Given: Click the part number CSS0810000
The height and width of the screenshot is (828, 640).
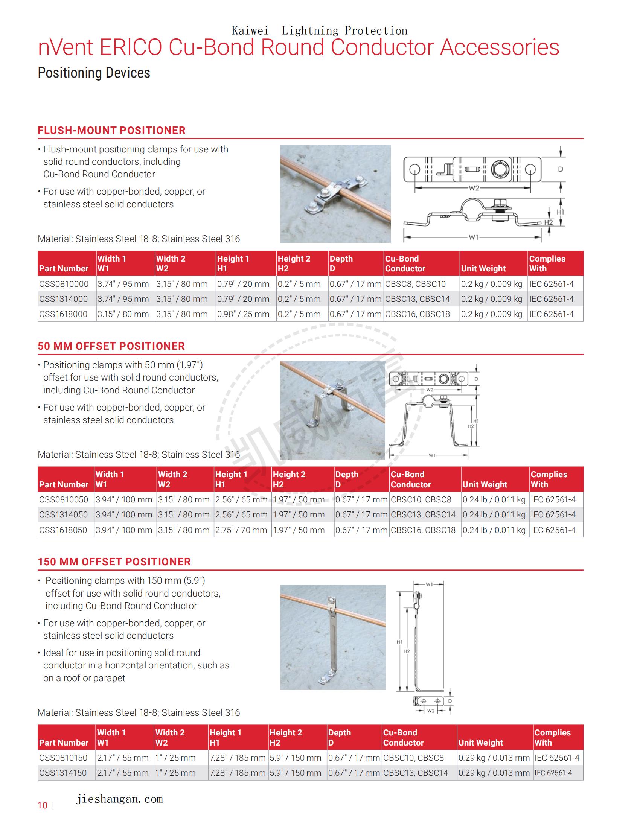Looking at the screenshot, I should (x=64, y=284).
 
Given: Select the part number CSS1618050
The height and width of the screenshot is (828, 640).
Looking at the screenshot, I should (x=63, y=530).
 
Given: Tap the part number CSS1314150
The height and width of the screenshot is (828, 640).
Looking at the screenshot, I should (x=63, y=773).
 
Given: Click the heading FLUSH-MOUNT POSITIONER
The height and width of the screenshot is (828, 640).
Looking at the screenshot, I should (x=111, y=131).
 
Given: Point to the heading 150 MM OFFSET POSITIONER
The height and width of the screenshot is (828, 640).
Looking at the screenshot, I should (x=114, y=562).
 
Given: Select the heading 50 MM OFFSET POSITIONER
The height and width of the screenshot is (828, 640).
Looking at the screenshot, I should (x=111, y=346).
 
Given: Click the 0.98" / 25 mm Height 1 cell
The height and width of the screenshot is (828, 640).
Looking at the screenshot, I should (x=243, y=314).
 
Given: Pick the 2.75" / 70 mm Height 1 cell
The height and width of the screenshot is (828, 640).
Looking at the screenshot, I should (x=241, y=530).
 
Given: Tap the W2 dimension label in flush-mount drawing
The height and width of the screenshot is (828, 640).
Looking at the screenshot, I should (x=474, y=188).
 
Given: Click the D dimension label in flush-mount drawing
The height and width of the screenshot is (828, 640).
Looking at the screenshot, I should (x=561, y=169).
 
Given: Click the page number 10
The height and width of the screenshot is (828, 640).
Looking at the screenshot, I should (x=43, y=806).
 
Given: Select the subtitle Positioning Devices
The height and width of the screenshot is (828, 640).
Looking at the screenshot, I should (x=94, y=73).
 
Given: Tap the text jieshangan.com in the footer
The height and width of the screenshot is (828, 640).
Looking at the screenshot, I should (x=119, y=799).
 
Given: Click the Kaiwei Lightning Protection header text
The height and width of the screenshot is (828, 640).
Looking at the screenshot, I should (x=319, y=31).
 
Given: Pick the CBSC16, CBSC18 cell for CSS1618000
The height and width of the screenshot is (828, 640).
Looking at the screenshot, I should (x=418, y=314).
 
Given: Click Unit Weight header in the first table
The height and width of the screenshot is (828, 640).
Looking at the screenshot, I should (x=483, y=268).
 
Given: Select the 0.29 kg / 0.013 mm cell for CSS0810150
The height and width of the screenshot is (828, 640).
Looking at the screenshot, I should (x=494, y=758).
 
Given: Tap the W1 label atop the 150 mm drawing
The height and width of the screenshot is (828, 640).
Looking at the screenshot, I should (x=429, y=584).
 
